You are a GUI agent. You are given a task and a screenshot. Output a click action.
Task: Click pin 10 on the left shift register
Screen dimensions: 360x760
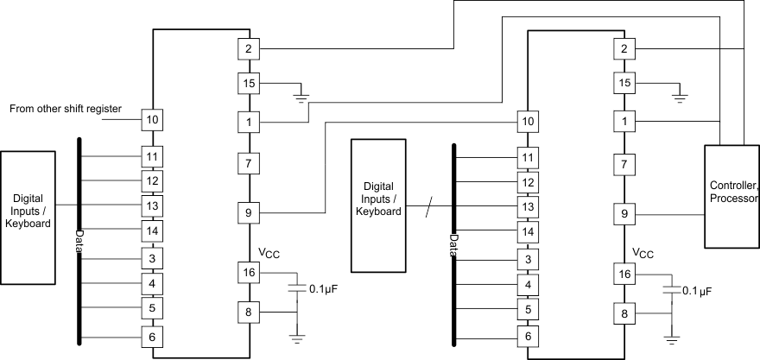click(x=153, y=118)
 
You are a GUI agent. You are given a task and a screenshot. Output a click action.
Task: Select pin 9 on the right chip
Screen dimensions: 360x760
click(x=623, y=213)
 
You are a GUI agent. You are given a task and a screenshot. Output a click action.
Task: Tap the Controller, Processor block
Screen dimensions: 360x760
click(x=733, y=193)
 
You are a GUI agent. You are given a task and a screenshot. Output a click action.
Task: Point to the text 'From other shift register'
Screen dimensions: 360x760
click(x=66, y=110)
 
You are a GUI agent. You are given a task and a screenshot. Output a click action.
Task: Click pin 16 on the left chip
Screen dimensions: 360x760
click(x=249, y=272)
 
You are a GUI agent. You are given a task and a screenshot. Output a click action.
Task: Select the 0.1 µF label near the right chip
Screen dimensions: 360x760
click(x=698, y=292)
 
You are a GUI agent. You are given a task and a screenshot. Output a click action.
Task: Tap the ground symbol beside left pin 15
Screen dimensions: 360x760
click(x=301, y=92)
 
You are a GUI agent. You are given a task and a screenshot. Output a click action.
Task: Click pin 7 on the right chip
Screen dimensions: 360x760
click(x=623, y=163)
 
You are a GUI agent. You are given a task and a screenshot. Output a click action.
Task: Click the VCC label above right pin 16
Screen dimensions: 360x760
click(x=643, y=253)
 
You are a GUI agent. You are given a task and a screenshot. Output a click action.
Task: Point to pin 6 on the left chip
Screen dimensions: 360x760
click(x=153, y=337)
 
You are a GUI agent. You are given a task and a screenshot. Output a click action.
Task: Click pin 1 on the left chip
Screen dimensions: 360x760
click(x=249, y=123)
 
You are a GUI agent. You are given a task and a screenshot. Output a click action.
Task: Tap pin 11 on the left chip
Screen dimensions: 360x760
click(x=153, y=156)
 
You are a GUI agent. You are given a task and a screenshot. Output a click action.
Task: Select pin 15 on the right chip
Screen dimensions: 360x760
click(x=623, y=83)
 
